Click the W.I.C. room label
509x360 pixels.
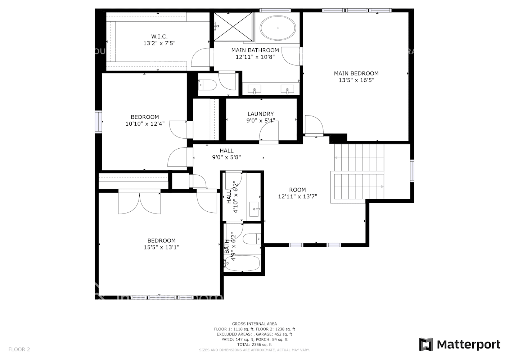159,36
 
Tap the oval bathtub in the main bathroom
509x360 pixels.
278,28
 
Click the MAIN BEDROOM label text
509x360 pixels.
356,73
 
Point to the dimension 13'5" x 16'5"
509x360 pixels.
356,80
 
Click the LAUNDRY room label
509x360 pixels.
260,114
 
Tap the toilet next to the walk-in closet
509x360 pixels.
208,85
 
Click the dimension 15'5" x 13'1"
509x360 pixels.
161,247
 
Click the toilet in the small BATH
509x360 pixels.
252,239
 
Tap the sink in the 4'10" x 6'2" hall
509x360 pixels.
255,209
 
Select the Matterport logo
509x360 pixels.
460,345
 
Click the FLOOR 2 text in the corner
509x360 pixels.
19,349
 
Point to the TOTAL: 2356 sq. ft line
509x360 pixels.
254,345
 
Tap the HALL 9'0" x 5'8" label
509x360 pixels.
226,154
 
